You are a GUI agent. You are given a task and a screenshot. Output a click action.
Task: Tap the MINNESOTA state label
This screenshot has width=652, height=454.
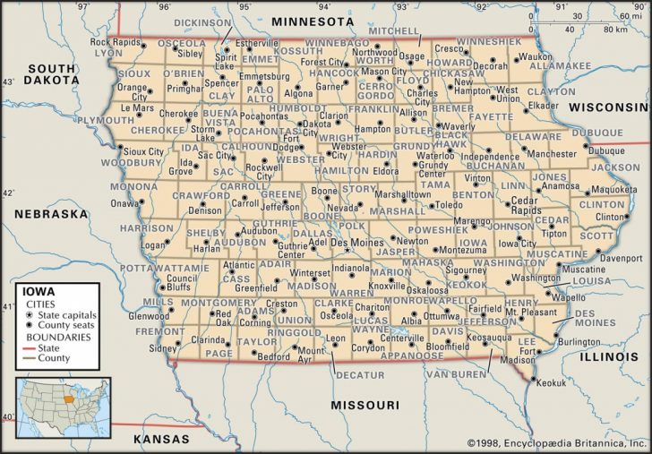coord(313,21)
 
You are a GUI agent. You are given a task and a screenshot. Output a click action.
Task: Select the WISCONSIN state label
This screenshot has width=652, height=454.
coord(608,106)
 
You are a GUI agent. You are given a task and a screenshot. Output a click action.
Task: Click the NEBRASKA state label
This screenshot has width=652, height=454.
coord(50,214)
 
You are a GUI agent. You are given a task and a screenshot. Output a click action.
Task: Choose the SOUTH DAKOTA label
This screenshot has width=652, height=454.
coord(50,73)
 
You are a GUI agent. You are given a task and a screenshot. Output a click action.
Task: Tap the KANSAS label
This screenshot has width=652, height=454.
coord(161,439)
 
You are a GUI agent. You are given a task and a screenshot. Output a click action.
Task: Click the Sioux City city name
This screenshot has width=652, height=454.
coord(143,152)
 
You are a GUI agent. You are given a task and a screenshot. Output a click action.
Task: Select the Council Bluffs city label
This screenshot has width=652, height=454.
coord(182,283)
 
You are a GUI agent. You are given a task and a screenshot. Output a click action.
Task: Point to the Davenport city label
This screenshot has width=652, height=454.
coord(621,258)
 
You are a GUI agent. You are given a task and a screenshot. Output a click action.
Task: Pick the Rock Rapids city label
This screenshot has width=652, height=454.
coord(116,42)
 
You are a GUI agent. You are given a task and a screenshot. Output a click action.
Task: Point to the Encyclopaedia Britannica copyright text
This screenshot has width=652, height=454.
coord(556,442)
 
